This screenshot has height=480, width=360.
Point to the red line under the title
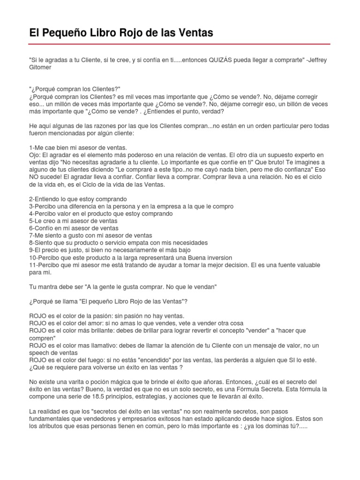tap(180, 44)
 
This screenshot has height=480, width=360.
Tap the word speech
tap(40, 352)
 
